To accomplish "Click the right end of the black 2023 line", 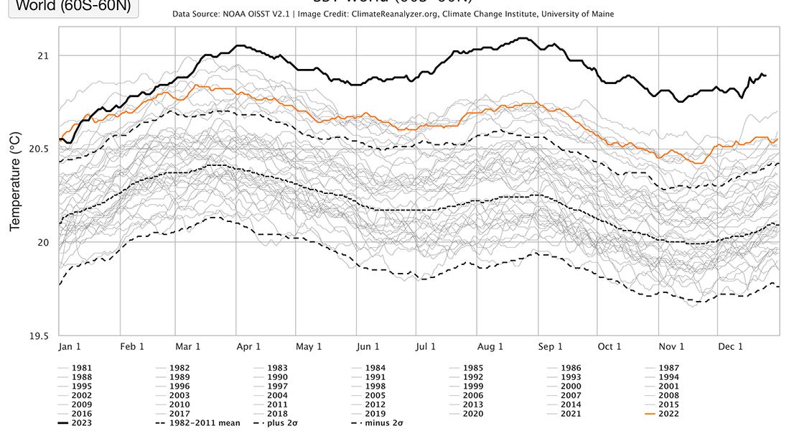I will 765,75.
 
